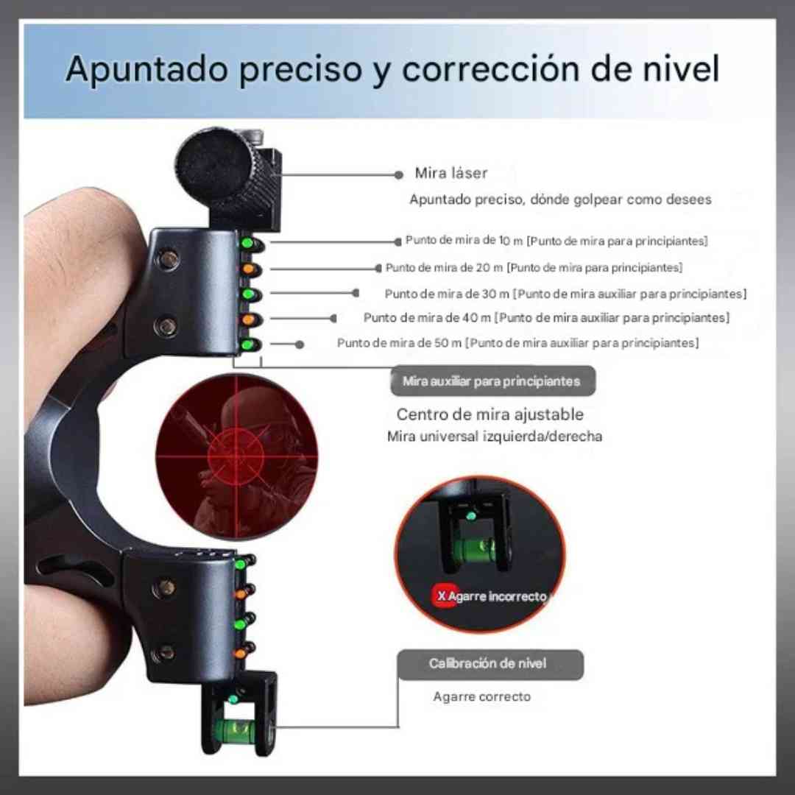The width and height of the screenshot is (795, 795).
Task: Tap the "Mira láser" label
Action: (x=451, y=174)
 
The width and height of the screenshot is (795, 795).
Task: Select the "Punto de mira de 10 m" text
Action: (x=464, y=241)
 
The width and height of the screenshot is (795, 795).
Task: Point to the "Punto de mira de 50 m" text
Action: (x=400, y=343)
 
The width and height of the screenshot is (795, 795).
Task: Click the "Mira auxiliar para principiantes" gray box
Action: (x=492, y=381)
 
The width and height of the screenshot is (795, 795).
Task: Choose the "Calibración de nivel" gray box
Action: (x=489, y=664)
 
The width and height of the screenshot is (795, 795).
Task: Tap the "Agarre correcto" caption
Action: (x=481, y=696)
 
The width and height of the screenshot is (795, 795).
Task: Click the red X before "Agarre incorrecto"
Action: (x=441, y=596)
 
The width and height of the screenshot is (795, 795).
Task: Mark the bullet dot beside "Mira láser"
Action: (x=398, y=175)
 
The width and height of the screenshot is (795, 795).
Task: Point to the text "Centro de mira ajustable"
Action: (x=490, y=414)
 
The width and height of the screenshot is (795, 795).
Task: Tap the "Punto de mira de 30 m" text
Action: (x=447, y=294)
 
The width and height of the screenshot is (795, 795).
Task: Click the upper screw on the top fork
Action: (x=170, y=258)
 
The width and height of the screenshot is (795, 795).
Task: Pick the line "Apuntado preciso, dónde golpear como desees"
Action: (x=560, y=199)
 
